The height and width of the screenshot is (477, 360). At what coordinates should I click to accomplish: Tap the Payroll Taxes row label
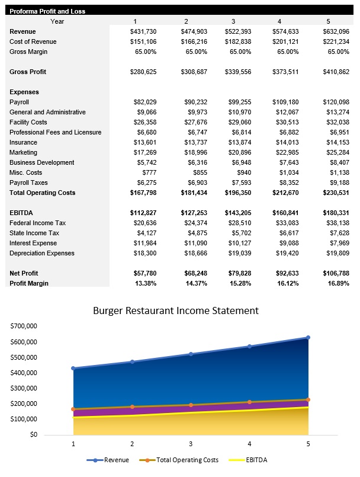(28, 183)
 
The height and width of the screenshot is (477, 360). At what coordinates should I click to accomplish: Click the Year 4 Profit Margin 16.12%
(287, 283)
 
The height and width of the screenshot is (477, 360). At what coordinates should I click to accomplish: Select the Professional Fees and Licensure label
(55, 132)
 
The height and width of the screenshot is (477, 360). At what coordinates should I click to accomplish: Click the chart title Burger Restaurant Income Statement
(176, 310)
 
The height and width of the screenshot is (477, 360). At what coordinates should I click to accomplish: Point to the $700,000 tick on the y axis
(24, 326)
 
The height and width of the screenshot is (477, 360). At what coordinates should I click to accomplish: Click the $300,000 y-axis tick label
(24, 388)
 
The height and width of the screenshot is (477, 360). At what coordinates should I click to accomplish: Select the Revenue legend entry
(112, 460)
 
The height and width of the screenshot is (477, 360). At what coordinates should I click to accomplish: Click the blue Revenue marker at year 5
(308, 338)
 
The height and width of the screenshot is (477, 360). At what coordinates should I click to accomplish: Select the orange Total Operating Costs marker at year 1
(73, 409)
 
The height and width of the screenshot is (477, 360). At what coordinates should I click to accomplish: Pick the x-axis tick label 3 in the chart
(191, 444)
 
